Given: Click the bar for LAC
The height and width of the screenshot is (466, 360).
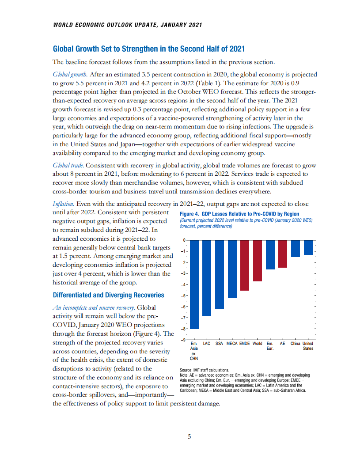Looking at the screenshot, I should click(207, 278).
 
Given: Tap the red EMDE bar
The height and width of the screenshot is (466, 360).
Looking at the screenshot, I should click(245, 265).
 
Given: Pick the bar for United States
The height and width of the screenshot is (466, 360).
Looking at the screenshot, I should click(308, 247).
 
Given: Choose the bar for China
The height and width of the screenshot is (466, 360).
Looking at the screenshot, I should click(296, 248).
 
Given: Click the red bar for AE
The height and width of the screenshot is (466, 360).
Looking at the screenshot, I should click(283, 254).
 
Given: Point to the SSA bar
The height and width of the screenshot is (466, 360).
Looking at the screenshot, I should click(220, 274).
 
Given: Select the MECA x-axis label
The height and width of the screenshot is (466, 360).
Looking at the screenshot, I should click(232, 344).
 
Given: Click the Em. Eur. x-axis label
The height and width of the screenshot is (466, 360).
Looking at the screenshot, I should click(270, 346).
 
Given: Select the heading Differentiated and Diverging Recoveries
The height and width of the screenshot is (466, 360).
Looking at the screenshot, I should click(108, 295).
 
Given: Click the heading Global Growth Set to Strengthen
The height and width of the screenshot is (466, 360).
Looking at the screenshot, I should click(148, 49).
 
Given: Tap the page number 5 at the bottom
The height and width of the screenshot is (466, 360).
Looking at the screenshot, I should click(189, 437).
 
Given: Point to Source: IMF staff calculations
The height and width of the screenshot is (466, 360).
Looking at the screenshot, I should click(205, 370).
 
